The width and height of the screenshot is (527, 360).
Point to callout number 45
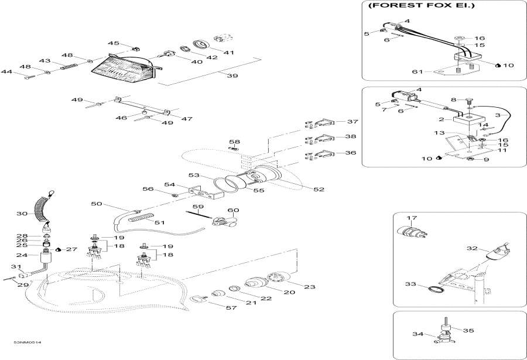click(113, 43)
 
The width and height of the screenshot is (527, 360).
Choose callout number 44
click(6, 72)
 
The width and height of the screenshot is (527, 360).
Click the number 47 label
click(186, 119)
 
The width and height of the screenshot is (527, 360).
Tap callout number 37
click(352, 122)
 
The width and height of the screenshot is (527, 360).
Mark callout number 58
click(234, 142)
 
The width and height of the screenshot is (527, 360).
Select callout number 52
click(319, 189)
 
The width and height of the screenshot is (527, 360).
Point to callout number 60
click(234, 210)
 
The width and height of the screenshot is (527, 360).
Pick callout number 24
click(22, 255)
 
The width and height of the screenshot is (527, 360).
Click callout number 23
click(310, 286)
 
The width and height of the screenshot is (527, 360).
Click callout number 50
click(97, 204)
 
